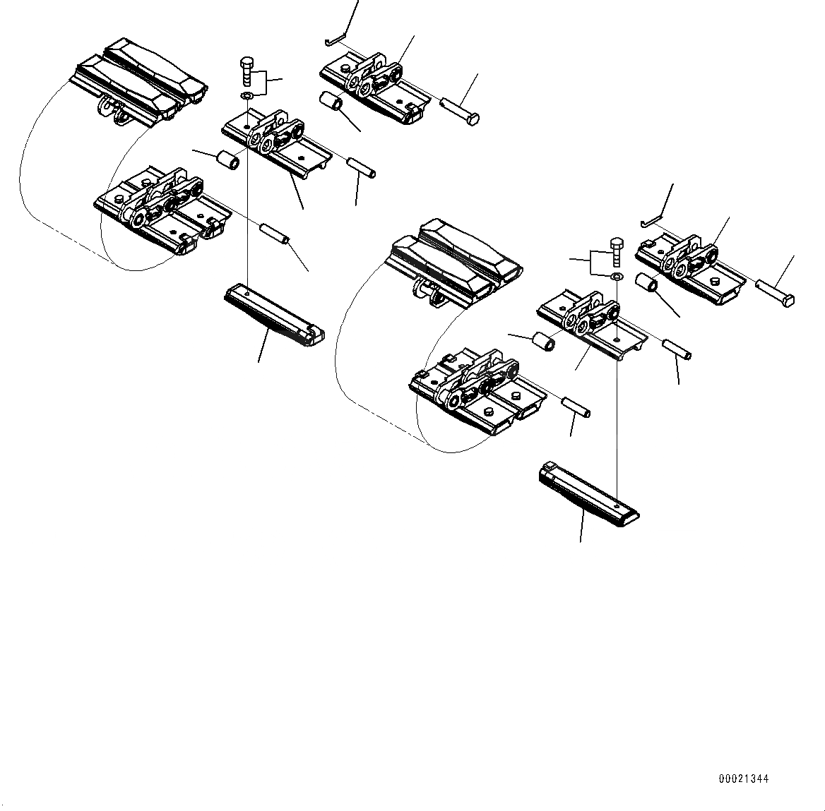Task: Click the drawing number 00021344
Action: pos(743,779)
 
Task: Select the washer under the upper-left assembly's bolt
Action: pos(246,95)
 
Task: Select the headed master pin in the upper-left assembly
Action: pos(460,112)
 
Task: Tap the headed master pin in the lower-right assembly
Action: pos(776,292)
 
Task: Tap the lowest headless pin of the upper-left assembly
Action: pos(275,234)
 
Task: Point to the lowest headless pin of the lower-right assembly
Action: pos(576,407)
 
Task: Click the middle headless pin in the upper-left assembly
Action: pos(361,169)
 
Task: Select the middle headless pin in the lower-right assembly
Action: pos(676,348)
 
